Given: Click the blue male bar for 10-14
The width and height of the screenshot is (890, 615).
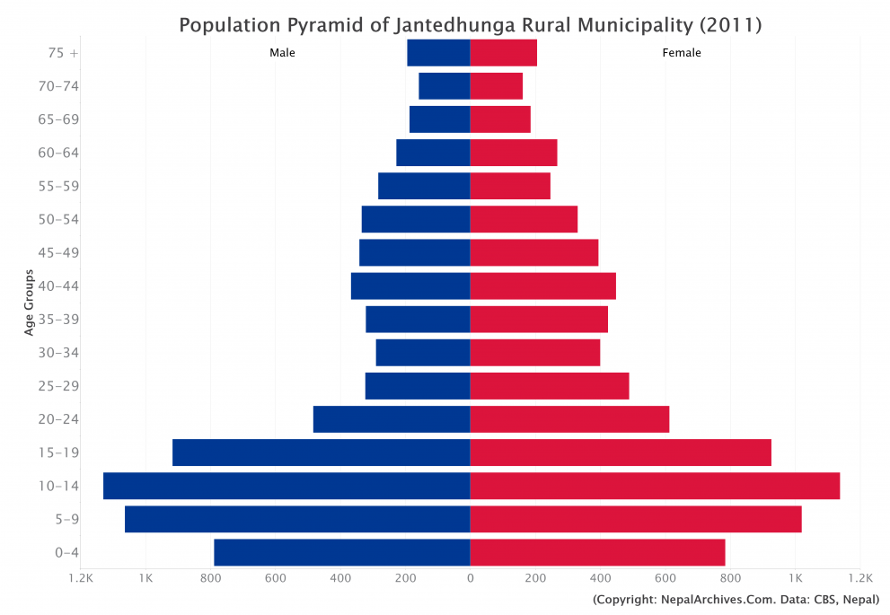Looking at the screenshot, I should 286,486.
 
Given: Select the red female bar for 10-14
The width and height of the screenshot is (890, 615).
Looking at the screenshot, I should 655,486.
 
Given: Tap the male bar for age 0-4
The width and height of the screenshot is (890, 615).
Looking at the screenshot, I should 342,552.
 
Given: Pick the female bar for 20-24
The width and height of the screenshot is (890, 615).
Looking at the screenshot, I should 569,419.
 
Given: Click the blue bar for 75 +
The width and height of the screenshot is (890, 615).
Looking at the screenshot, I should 438,53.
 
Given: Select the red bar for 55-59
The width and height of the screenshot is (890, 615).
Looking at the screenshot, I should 510,186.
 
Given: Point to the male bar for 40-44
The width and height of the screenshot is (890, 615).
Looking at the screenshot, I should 410,286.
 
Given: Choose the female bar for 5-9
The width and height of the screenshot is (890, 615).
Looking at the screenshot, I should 636,519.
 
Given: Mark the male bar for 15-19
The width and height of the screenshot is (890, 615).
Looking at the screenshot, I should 322,452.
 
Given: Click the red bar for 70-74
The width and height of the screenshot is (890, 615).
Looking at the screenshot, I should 497,86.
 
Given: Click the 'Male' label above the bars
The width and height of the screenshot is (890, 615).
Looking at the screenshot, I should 282,53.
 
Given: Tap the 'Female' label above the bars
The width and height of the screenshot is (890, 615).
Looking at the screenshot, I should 682,53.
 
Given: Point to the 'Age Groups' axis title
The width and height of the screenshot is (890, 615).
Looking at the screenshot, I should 30,303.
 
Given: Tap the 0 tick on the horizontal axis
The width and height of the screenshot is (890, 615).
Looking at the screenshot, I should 470,579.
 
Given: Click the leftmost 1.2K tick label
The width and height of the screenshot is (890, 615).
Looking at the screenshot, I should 81,579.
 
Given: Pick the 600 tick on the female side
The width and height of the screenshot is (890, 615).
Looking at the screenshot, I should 665,579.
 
